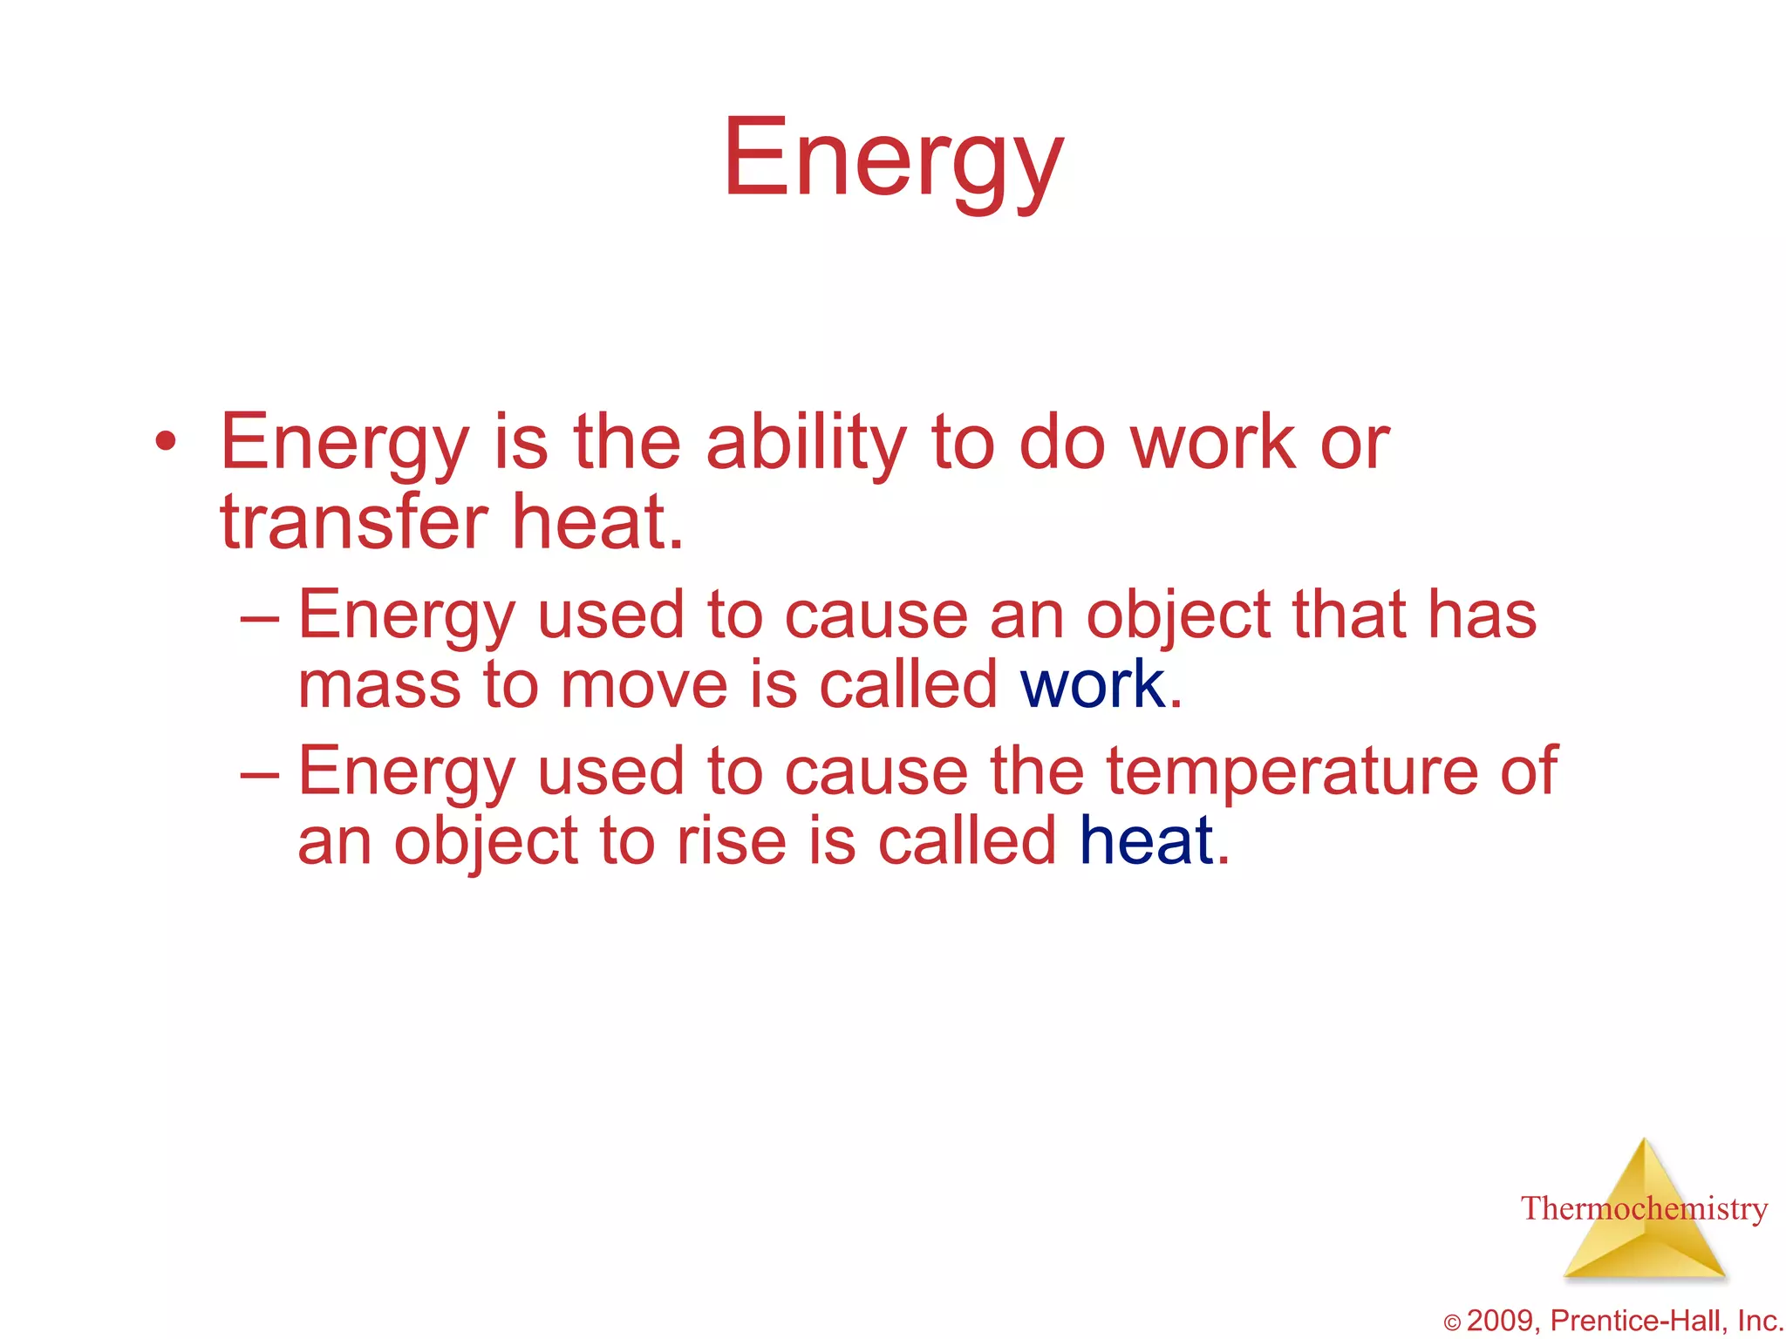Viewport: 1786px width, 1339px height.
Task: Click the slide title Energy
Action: click(893, 160)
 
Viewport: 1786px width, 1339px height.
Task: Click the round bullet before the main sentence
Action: click(165, 442)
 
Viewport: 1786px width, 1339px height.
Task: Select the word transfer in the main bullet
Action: click(353, 523)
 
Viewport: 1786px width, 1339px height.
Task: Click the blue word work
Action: click(1093, 685)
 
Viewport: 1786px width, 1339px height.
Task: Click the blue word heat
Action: click(1146, 841)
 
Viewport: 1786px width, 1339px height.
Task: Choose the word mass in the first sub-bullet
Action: click(378, 685)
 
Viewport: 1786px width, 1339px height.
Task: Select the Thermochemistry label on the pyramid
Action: click(1644, 1209)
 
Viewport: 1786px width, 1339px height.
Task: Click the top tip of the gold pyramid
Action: click(1645, 1142)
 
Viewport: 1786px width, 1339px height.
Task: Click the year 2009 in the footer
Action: click(1503, 1321)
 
